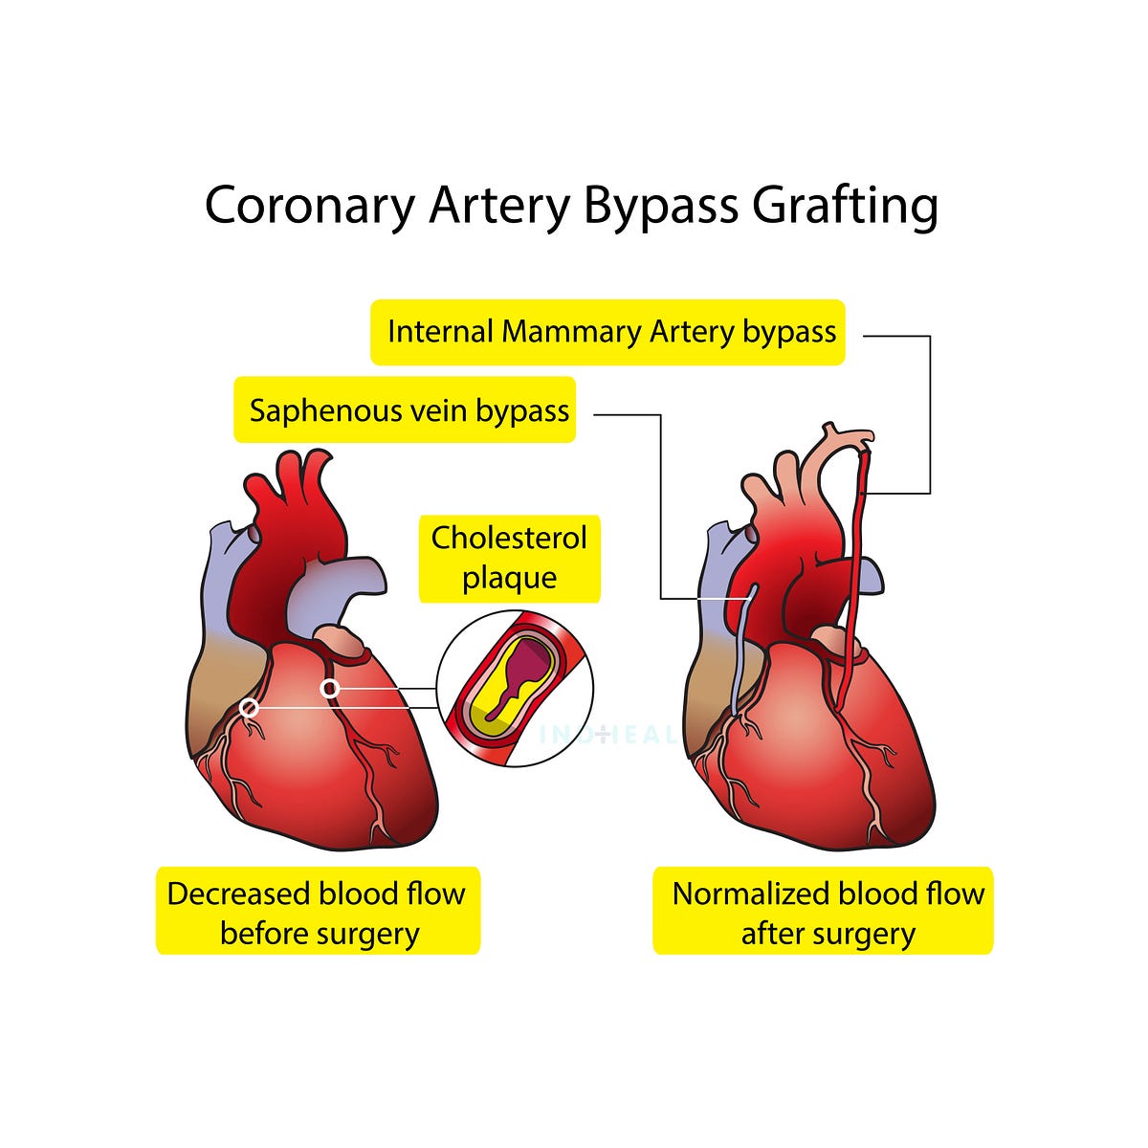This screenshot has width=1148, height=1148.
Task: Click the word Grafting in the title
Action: pyautogui.click(x=844, y=207)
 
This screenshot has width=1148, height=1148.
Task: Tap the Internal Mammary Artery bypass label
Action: pyautogui.click(x=608, y=333)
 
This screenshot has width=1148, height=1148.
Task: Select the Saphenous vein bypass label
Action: pyautogui.click(x=406, y=411)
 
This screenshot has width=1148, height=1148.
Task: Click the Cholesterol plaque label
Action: pyautogui.click(x=509, y=559)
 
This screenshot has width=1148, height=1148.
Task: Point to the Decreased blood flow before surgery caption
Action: pyautogui.click(x=318, y=912)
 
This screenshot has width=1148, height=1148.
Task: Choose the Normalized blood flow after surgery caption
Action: pyautogui.click(x=824, y=912)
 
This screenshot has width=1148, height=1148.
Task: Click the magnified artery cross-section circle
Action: pyautogui.click(x=515, y=689)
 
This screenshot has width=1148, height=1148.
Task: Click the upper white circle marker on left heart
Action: pyautogui.click(x=330, y=688)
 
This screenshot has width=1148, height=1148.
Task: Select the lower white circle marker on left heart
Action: pyautogui.click(x=249, y=708)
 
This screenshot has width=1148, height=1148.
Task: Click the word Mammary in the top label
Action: pyautogui.click(x=571, y=333)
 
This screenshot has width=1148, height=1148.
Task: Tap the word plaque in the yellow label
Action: pyautogui.click(x=509, y=579)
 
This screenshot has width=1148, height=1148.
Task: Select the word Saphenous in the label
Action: pyautogui.click(x=325, y=411)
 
